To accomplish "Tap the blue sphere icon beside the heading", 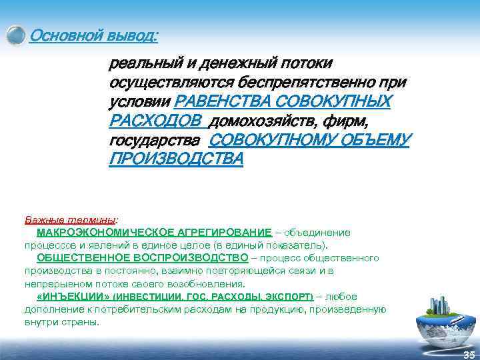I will (16, 35).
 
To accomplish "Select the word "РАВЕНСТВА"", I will (222, 102).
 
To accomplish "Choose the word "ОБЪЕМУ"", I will (378, 141).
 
